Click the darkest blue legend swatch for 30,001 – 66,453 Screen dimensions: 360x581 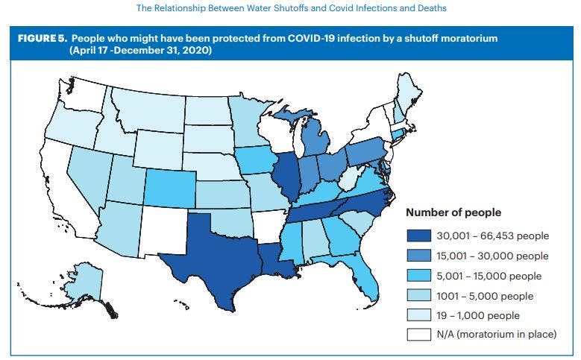(418, 236)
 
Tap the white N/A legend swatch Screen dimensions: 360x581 (418, 335)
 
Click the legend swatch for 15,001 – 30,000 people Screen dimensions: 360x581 (418, 256)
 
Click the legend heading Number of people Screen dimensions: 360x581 (452, 212)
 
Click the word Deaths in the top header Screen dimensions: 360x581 (425, 9)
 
